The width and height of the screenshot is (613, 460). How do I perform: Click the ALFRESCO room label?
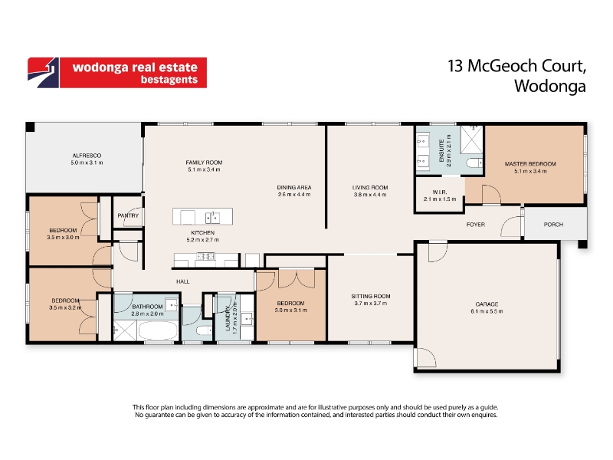click(87, 156)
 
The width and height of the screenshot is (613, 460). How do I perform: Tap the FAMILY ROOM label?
click(204, 163)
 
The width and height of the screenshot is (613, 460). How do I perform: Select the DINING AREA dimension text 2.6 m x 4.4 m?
click(294, 195)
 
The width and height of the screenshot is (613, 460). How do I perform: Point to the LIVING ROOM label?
click(370, 187)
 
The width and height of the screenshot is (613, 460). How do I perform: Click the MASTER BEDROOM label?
click(530, 164)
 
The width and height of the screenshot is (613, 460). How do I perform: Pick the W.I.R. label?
click(440, 192)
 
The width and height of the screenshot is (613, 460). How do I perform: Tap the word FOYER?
click(475, 225)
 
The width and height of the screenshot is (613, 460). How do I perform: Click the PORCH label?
click(553, 225)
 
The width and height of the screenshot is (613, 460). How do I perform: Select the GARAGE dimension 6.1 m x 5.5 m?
click(487, 311)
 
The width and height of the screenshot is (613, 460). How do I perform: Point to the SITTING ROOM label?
click(371, 296)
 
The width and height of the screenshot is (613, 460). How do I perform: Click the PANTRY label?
click(128, 215)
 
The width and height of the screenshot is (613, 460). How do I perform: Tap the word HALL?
click(182, 281)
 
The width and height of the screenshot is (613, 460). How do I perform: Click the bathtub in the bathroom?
click(158, 330)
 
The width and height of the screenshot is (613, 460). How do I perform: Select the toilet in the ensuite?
click(474, 163)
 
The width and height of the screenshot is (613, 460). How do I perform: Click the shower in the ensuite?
click(472, 140)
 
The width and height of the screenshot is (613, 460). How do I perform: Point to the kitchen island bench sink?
click(213, 217)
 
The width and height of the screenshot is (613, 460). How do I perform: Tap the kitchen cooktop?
click(205, 257)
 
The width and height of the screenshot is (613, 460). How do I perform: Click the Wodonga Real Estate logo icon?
click(44, 73)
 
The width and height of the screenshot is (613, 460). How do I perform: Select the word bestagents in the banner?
click(169, 80)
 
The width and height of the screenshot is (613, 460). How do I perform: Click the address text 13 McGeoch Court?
click(516, 66)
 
